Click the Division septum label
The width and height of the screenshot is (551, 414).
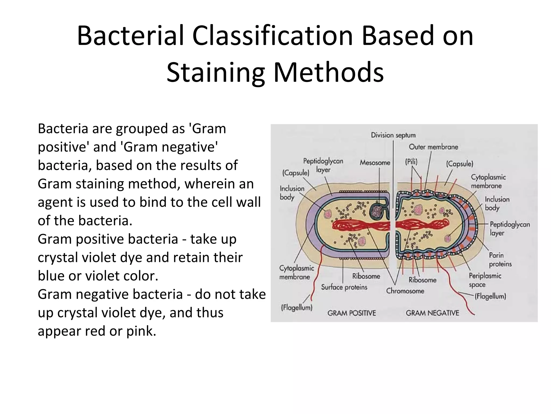click(x=393, y=135)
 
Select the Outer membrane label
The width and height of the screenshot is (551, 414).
click(x=433, y=147)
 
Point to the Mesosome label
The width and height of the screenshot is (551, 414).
click(x=375, y=163)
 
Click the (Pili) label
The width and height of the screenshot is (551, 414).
click(x=411, y=162)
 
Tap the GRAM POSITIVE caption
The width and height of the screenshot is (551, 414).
click(x=351, y=313)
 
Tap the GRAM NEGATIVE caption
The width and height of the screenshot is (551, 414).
click(x=432, y=313)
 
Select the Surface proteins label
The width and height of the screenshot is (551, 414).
click(x=344, y=287)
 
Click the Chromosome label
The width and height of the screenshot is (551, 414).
click(x=405, y=291)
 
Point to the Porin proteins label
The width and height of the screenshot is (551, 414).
click(x=500, y=260)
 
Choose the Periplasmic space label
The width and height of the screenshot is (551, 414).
click(x=485, y=280)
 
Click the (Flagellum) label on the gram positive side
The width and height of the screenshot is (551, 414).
click(x=296, y=308)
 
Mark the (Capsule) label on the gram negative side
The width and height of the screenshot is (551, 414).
click(x=459, y=164)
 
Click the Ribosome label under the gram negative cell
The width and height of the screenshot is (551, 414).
click(x=422, y=280)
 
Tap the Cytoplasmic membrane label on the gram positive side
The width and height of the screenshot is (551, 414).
click(x=296, y=272)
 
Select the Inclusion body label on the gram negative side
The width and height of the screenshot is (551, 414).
click(x=497, y=203)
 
